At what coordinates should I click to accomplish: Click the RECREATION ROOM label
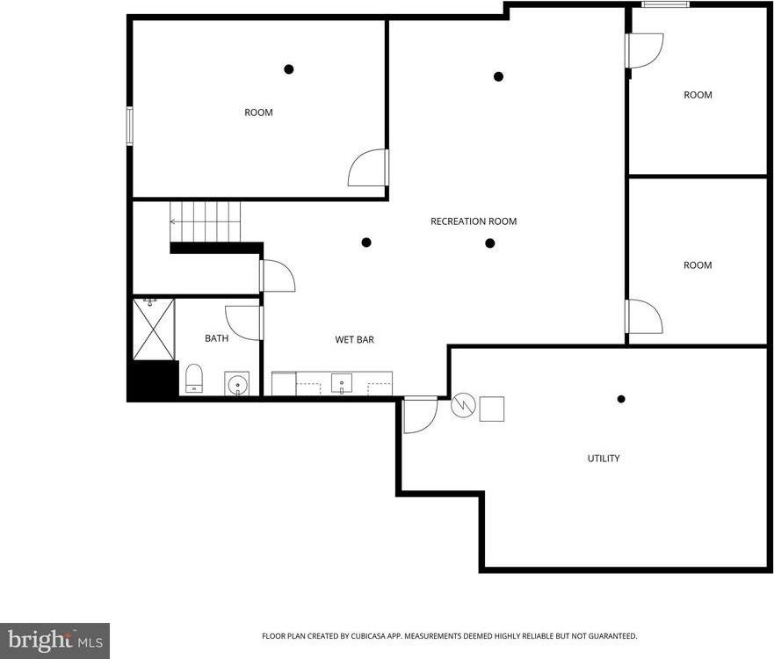click(473, 221)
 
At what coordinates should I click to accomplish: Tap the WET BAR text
click(354, 339)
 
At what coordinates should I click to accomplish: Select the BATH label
click(216, 338)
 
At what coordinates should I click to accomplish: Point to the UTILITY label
click(604, 459)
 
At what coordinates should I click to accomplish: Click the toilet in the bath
click(194, 379)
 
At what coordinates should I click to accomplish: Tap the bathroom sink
click(237, 384)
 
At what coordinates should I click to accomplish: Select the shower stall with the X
click(154, 329)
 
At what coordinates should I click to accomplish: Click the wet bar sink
click(342, 383)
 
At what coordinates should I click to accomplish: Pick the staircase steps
click(205, 221)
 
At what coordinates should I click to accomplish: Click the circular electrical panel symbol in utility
click(463, 405)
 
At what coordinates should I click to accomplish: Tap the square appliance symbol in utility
click(492, 409)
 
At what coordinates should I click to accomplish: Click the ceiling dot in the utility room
click(621, 399)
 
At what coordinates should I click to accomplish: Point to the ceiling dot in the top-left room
click(288, 69)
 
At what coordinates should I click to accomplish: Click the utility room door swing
click(420, 416)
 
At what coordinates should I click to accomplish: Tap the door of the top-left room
click(367, 168)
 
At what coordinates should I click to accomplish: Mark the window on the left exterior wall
click(129, 126)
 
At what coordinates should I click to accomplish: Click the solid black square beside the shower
click(154, 380)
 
